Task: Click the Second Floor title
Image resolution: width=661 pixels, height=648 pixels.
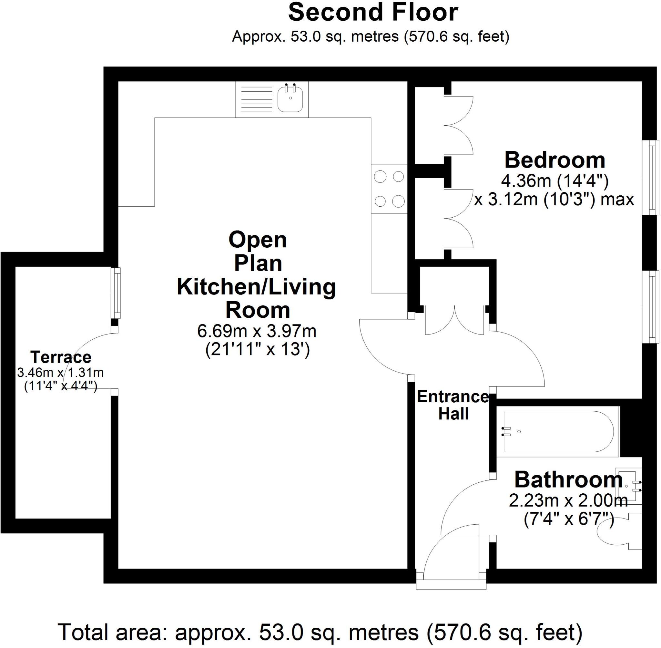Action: tap(373, 13)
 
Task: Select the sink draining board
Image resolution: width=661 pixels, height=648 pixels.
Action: tap(257, 99)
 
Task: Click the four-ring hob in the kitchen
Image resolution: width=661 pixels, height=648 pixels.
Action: tap(389, 189)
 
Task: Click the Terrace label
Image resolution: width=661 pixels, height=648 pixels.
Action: tap(61, 357)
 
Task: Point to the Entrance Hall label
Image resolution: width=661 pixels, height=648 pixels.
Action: tap(453, 405)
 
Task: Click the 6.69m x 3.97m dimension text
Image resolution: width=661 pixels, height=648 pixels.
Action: tap(257, 331)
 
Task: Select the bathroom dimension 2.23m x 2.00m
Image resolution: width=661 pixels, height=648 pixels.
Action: tap(568, 501)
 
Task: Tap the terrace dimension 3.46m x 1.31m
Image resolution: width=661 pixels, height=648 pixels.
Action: tap(61, 373)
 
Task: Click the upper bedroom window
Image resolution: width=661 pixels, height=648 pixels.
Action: tap(651, 177)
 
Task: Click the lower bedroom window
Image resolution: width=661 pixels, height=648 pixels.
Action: tap(651, 307)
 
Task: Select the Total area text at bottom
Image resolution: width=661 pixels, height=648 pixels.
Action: tap(320, 633)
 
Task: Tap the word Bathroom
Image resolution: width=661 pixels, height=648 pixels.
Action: tap(568, 480)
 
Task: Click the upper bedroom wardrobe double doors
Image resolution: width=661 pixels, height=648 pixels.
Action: tap(458, 125)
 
